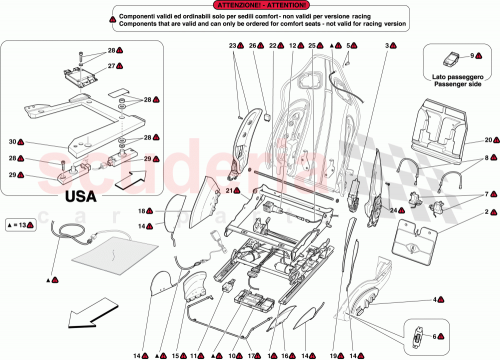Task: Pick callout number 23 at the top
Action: coord(232,47)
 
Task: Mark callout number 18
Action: coord(142,211)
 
